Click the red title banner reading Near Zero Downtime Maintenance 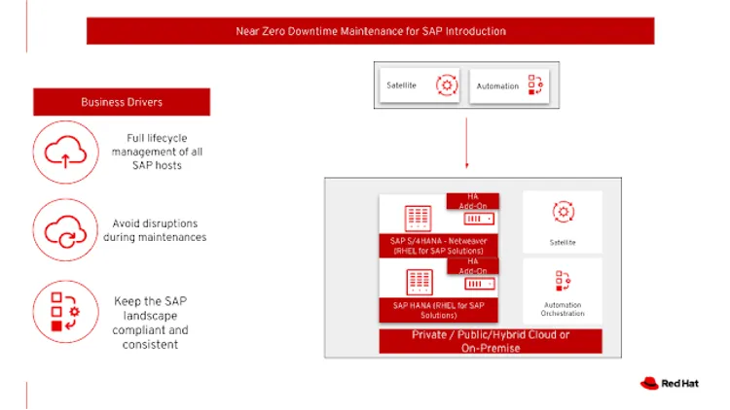coord(371,31)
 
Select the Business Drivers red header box coord(122,102)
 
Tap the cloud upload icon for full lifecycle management coord(65,152)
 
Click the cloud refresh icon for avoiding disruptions coord(65,230)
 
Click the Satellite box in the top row coord(420,85)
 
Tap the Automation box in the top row coord(511,85)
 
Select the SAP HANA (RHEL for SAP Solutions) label coord(438,310)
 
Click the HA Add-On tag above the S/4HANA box coord(473,200)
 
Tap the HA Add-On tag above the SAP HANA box coord(473,264)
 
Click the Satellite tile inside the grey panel coord(563,221)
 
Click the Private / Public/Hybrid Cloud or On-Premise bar coord(491,341)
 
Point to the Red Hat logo coord(672,384)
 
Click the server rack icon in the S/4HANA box coord(420,215)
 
